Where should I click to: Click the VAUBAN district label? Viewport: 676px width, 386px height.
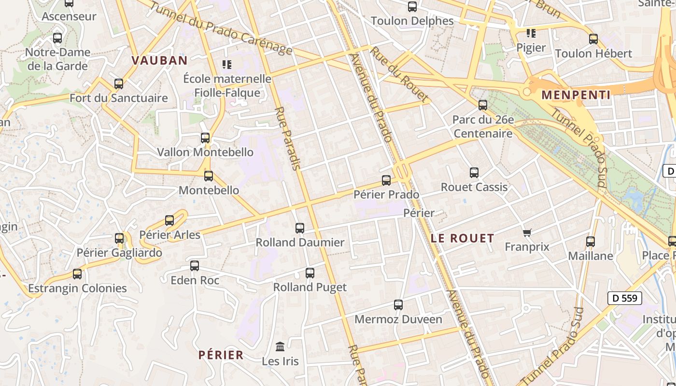click(x=159, y=60)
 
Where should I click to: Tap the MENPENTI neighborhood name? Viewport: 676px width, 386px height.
click(x=576, y=95)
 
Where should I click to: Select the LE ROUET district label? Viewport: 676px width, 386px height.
click(x=462, y=238)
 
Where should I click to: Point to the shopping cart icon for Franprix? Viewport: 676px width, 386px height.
click(x=527, y=233)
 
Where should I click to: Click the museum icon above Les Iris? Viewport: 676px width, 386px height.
click(x=280, y=346)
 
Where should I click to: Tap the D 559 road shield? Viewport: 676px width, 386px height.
click(x=625, y=298)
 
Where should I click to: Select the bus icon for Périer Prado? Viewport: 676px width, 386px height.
click(x=386, y=180)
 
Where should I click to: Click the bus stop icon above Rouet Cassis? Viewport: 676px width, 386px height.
click(x=474, y=173)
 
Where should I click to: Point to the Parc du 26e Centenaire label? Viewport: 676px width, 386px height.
click(x=483, y=126)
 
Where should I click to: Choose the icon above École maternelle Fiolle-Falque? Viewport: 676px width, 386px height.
click(x=227, y=64)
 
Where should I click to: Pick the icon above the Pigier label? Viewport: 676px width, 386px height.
click(x=531, y=33)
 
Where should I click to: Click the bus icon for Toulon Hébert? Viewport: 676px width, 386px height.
click(x=593, y=39)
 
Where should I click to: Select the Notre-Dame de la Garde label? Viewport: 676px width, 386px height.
click(x=57, y=59)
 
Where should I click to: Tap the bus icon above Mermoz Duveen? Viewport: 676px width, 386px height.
click(x=398, y=305)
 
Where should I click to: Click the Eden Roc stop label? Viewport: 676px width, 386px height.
click(x=195, y=280)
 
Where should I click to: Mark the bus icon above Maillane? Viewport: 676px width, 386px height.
click(x=591, y=242)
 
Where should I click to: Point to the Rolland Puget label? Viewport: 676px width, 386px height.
click(x=310, y=287)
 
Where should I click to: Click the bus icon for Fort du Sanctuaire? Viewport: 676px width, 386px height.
click(x=119, y=84)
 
